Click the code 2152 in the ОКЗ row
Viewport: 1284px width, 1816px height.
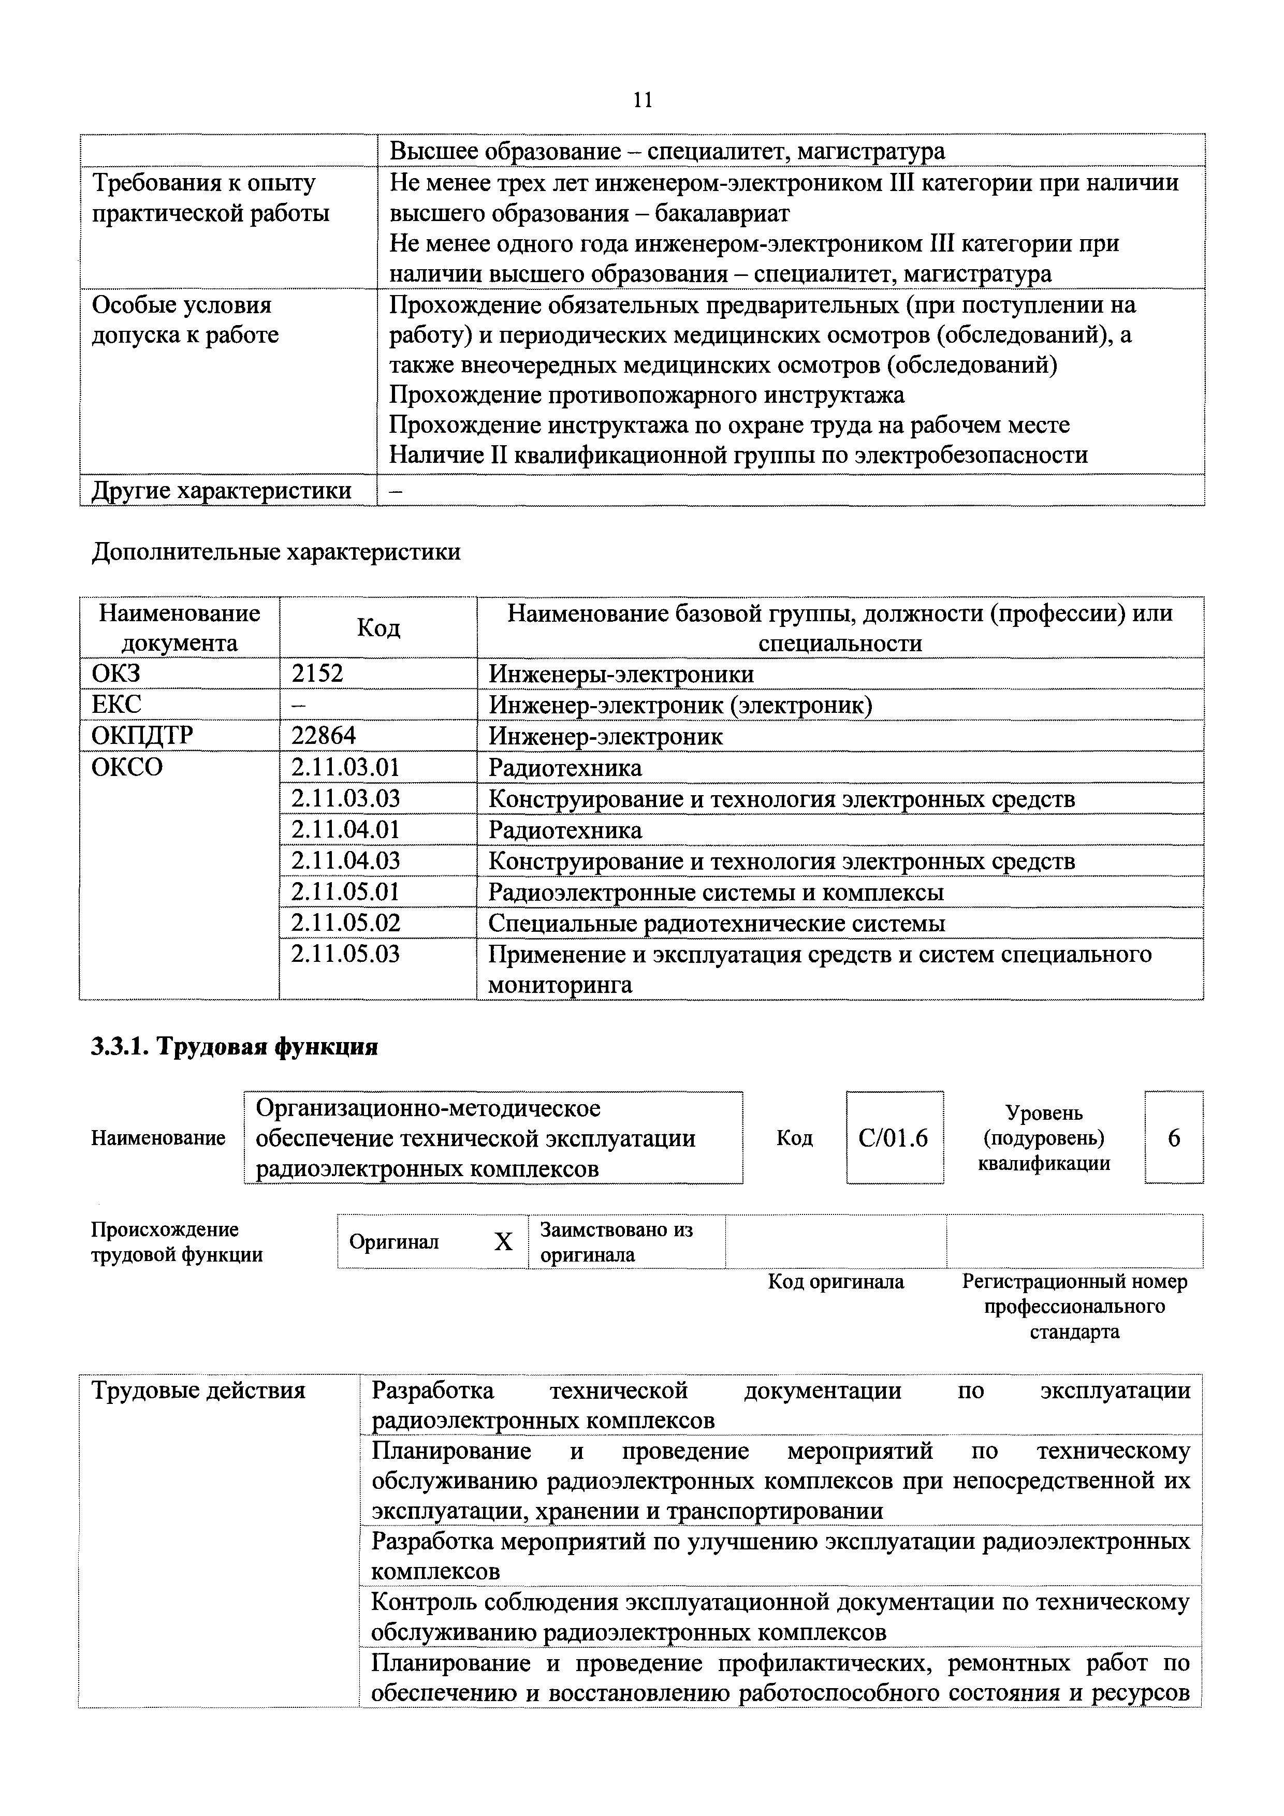pos(317,674)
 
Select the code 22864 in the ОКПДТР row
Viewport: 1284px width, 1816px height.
pos(324,736)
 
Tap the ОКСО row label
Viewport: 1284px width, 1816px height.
pos(127,767)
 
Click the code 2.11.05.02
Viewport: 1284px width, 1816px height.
pos(346,923)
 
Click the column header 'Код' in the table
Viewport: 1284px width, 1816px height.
pos(378,628)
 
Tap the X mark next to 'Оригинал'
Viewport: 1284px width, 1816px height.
pos(503,1242)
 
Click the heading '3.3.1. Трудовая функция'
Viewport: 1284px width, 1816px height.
pos(235,1047)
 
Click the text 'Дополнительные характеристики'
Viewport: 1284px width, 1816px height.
pos(276,551)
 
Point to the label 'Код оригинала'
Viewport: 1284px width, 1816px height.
pos(836,1281)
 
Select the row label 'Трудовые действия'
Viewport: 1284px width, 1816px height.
pos(199,1390)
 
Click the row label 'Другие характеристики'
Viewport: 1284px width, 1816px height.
pos(222,490)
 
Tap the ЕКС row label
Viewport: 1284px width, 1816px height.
pos(116,705)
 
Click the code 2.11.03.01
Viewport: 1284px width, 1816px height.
pos(346,767)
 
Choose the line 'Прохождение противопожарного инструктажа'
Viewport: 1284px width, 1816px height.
pos(646,394)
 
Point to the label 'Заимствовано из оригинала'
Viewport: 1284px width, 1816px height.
pos(616,1242)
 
